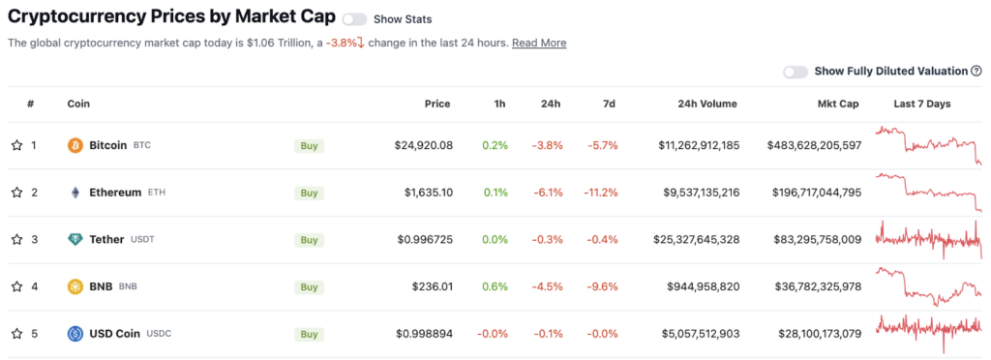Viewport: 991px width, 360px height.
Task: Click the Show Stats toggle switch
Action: click(354, 19)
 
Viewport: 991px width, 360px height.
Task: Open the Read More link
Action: click(539, 43)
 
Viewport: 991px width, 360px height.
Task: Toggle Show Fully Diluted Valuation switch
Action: click(796, 72)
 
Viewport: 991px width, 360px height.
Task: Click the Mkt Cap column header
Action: click(837, 105)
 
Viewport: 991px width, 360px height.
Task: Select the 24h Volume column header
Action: click(700, 105)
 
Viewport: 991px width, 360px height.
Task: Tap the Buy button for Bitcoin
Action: click(309, 146)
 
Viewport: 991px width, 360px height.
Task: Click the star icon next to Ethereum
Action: click(17, 193)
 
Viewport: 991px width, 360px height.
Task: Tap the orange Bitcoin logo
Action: click(75, 146)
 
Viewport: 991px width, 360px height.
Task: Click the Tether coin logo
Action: click(75, 239)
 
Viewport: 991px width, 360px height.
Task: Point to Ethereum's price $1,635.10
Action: click(429, 193)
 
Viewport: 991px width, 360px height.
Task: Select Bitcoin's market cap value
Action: click(815, 146)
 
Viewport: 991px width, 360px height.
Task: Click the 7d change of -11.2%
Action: click(600, 193)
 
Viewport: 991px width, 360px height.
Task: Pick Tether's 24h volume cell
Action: click(697, 240)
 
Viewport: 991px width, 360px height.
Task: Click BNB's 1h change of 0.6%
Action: click(495, 286)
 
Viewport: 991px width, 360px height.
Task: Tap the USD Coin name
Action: click(115, 334)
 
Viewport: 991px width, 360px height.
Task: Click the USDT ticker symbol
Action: click(142, 240)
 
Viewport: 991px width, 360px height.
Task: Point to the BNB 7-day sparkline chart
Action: click(928, 286)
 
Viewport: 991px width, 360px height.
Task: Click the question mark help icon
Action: click(976, 72)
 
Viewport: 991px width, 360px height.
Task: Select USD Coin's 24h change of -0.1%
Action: click(548, 334)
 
